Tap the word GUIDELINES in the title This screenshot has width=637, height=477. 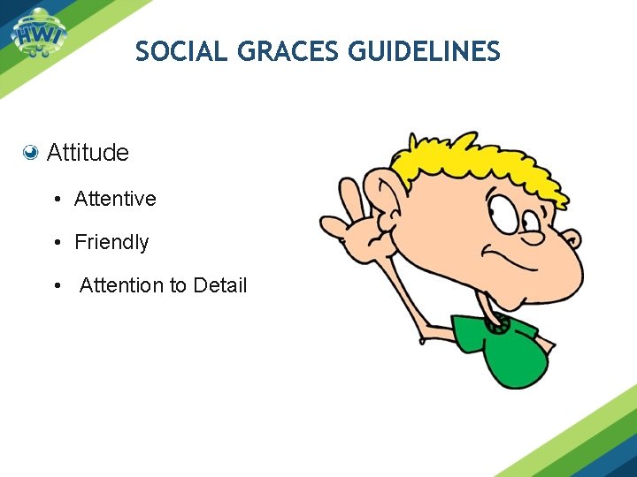click(425, 53)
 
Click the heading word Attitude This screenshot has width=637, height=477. click(88, 153)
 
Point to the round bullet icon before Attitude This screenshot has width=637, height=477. click(31, 153)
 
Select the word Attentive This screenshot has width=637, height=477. click(115, 199)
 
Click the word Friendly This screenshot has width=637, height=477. click(111, 242)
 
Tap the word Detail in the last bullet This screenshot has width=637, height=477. click(219, 285)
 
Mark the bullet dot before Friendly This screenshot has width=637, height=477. click(57, 243)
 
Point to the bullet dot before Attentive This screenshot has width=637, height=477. click(57, 200)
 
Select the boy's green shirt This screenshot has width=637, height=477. click(500, 349)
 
